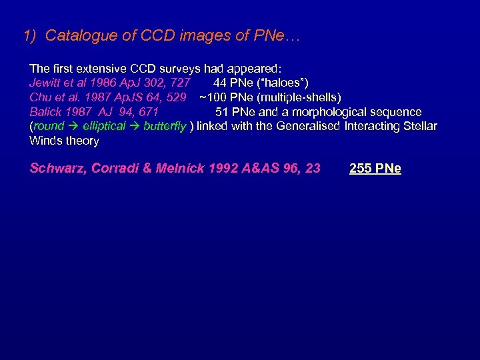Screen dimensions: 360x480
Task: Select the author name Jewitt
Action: pyautogui.click(x=46, y=83)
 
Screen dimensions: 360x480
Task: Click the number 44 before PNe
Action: pyautogui.click(x=220, y=83)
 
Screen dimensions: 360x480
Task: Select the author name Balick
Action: pyautogui.click(x=45, y=112)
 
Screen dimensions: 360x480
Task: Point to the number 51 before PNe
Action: pyautogui.click(x=222, y=112)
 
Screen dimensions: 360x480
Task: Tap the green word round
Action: pyautogui.click(x=49, y=126)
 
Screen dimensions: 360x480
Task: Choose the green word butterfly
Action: pyautogui.click(x=164, y=126)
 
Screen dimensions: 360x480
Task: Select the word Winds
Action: pyautogui.click(x=46, y=141)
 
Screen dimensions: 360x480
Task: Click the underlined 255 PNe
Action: pyautogui.click(x=375, y=169)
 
